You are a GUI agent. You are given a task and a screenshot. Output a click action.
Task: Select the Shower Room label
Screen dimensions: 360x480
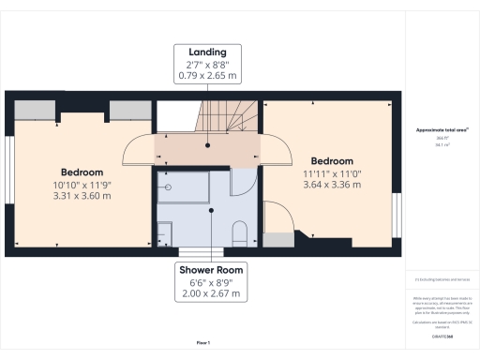click(211, 270)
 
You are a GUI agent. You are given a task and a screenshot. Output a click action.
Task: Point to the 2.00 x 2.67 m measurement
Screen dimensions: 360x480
click(211, 293)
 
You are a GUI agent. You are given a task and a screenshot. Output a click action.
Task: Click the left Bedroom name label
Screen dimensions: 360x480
click(82, 172)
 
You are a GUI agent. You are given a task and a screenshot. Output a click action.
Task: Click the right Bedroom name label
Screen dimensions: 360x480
click(327, 160)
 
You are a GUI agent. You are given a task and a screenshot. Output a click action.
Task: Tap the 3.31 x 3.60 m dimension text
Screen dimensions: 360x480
click(82, 195)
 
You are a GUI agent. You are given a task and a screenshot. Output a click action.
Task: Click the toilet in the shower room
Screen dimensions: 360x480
click(238, 233)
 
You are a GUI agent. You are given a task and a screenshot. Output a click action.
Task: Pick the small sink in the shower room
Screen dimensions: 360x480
click(164, 232)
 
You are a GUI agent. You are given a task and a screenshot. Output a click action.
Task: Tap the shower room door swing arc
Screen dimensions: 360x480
click(242, 182)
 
